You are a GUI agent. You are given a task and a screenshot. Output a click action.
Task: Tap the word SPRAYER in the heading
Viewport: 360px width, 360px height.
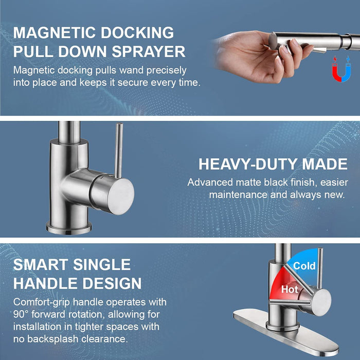pyautogui.click(x=149, y=51)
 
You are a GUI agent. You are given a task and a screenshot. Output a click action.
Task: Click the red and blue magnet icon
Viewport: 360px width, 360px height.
pyautogui.click(x=341, y=69)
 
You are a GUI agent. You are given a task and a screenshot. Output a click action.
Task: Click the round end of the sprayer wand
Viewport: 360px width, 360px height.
pyautogui.click(x=273, y=41)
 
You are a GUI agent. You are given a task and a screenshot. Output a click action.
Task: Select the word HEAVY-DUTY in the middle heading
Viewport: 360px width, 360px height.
pyautogui.click(x=248, y=164)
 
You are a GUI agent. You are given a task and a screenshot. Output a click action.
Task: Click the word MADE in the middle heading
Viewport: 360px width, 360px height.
pyautogui.click(x=325, y=164)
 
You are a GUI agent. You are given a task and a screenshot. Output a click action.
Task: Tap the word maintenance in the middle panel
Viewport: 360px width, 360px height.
pyautogui.click(x=238, y=195)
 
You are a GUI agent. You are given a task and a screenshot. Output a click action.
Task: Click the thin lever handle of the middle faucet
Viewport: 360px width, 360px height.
pyautogui.click(x=118, y=150)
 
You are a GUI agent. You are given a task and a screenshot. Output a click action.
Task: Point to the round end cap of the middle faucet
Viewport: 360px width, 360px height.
pyautogui.click(x=120, y=196)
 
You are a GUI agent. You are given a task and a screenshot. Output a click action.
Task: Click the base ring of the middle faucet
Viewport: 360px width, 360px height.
pyautogui.click(x=69, y=228)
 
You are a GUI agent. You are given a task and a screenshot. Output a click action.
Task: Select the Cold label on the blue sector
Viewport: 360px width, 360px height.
pyautogui.click(x=304, y=266)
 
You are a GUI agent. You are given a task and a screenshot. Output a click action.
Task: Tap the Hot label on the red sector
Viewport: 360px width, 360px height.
pyautogui.click(x=290, y=289)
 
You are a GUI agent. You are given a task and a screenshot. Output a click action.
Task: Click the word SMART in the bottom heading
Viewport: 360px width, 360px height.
pyautogui.click(x=41, y=264)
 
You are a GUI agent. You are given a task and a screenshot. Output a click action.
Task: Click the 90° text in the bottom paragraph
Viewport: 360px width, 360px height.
pyautogui.click(x=21, y=314)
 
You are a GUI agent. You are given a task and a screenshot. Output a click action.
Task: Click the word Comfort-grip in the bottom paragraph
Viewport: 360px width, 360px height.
pyautogui.click(x=41, y=302)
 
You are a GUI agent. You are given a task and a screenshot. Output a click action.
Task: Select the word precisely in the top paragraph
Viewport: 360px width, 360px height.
pyautogui.click(x=166, y=70)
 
